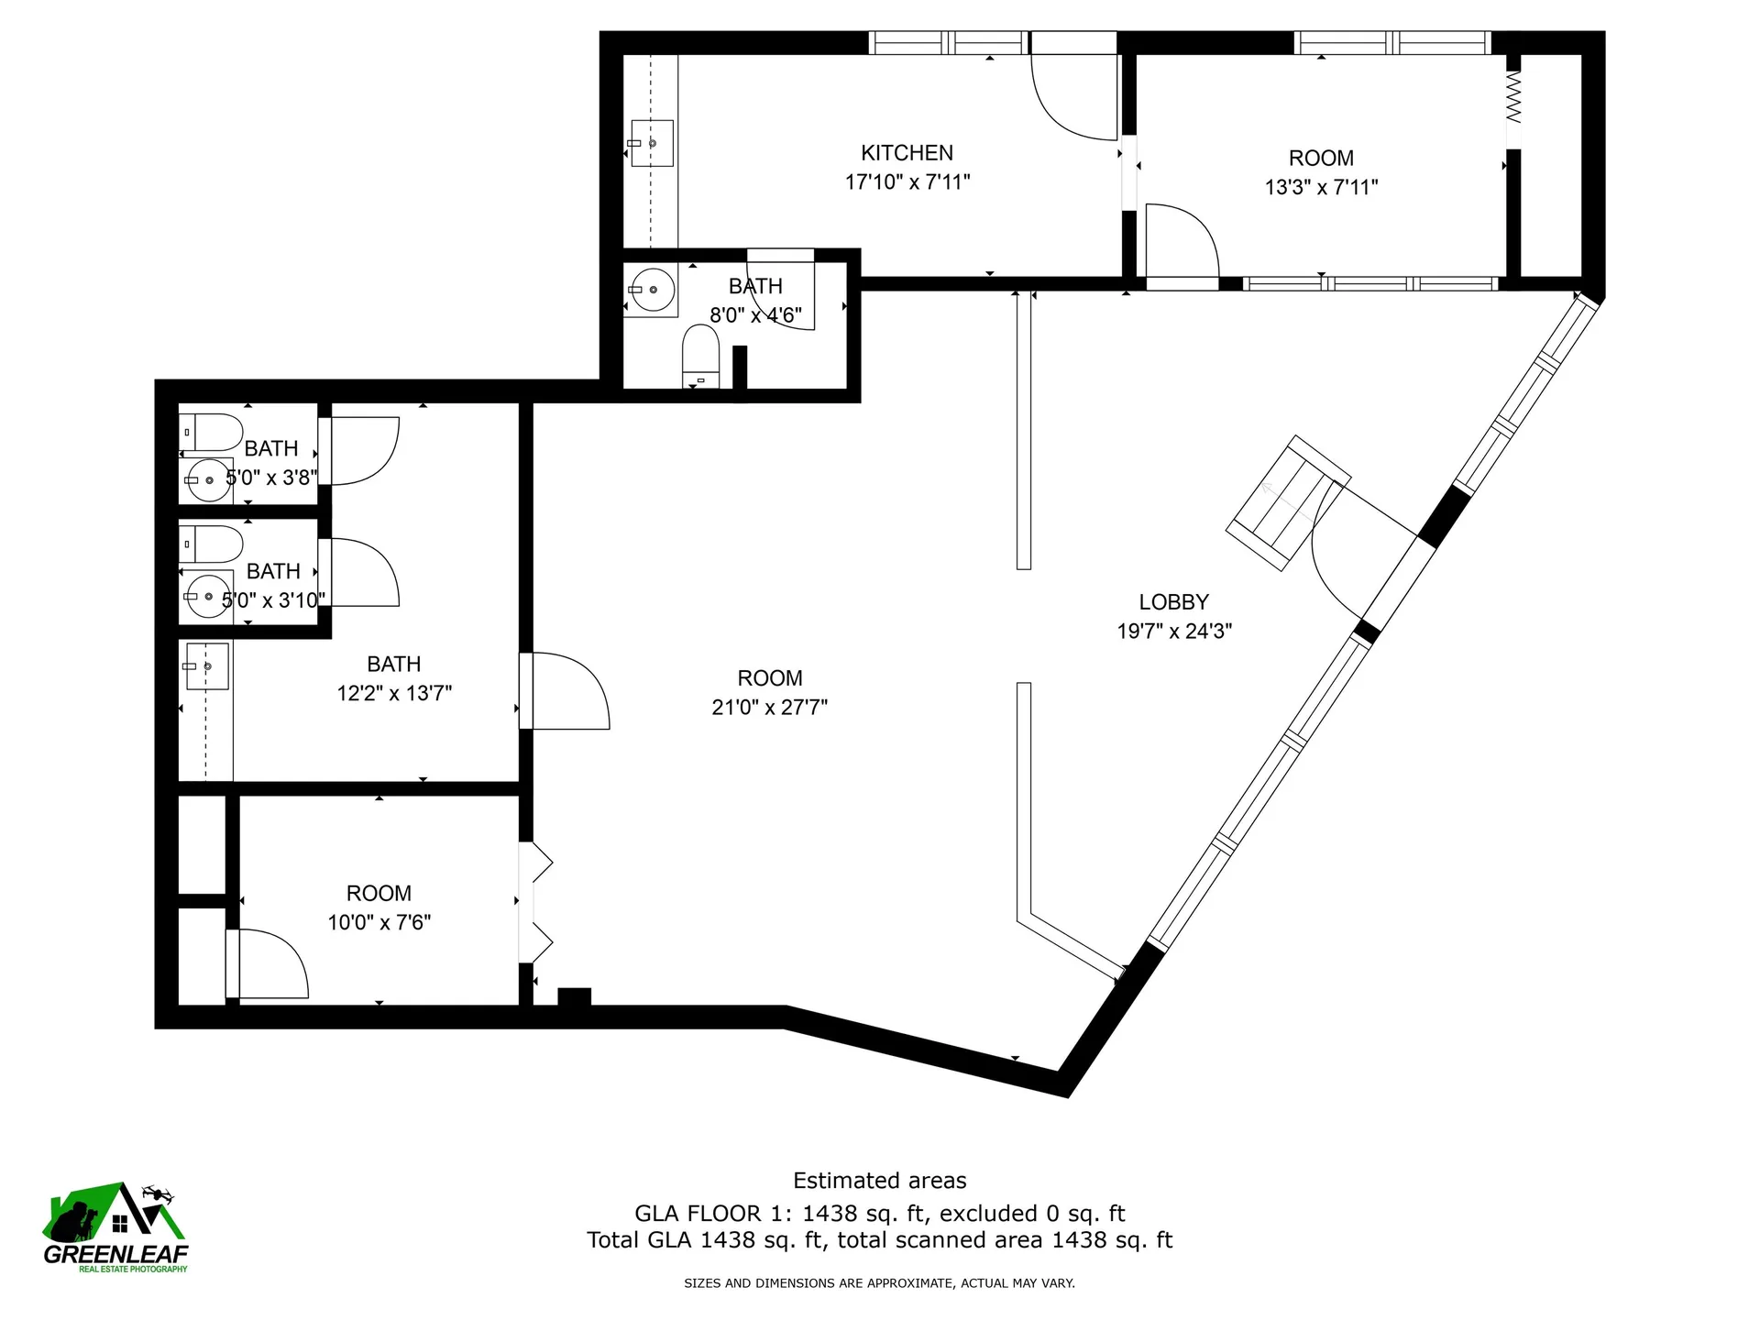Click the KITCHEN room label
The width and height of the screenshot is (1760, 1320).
pyautogui.click(x=907, y=153)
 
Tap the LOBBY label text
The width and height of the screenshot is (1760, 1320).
pyautogui.click(x=1173, y=602)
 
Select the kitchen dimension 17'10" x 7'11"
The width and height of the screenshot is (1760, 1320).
pyautogui.click(x=907, y=182)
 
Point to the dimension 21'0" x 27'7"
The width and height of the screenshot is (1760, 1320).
pyautogui.click(x=769, y=708)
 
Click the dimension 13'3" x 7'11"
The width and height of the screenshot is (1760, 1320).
pyautogui.click(x=1321, y=187)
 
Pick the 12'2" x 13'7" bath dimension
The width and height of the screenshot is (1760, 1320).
pyautogui.click(x=394, y=693)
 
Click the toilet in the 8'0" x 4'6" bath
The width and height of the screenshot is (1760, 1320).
pyautogui.click(x=700, y=357)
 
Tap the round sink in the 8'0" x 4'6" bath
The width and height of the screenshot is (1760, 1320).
pyautogui.click(x=652, y=290)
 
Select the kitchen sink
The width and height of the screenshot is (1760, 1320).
pyautogui.click(x=652, y=143)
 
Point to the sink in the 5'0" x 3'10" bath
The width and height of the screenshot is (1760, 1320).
pyautogui.click(x=209, y=597)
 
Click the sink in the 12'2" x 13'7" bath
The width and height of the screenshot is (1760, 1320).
pyautogui.click(x=206, y=666)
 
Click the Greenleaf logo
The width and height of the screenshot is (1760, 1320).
pyautogui.click(x=115, y=1227)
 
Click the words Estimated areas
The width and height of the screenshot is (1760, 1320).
pyautogui.click(x=879, y=1181)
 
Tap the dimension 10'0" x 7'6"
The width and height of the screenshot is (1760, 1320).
pyautogui.click(x=379, y=922)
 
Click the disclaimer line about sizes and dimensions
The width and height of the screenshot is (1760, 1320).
pyautogui.click(x=879, y=1283)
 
